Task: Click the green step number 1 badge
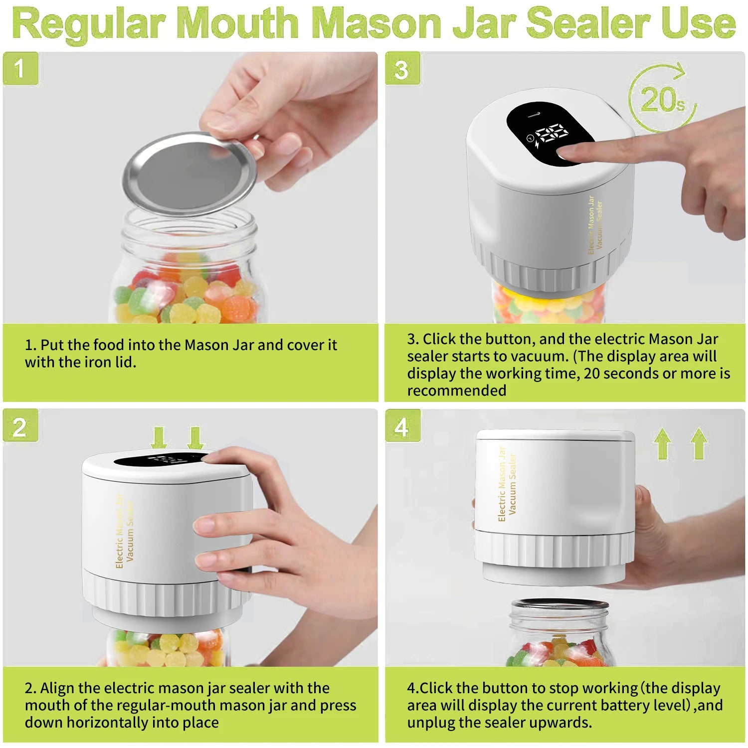coord(20,68)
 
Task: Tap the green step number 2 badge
coord(20,427)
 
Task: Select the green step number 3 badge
coord(402,69)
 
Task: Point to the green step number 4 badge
coord(402,427)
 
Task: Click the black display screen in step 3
coord(549,133)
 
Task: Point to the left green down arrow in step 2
coord(159,438)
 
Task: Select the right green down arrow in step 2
coord(195,438)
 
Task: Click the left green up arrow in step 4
coord(663,443)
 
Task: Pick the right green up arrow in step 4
coord(699,443)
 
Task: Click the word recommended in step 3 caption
coord(456,390)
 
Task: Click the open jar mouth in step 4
coord(560,605)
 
